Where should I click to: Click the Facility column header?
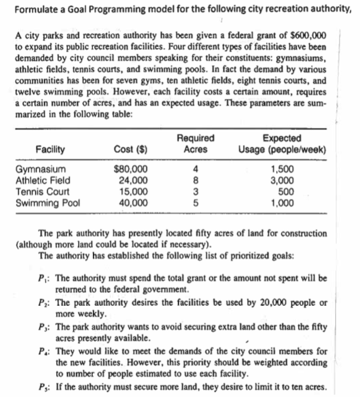tap(50, 150)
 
